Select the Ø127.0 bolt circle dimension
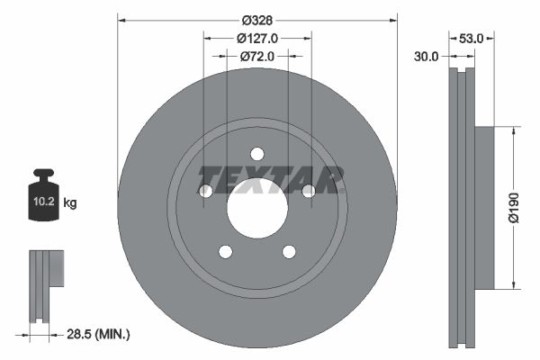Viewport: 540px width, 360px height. coord(257,38)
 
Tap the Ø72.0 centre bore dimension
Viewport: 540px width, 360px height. coord(257,56)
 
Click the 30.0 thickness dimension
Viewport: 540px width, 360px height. coord(427,56)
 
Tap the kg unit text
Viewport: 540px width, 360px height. coord(71,204)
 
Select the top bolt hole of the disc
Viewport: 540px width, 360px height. coord(256,152)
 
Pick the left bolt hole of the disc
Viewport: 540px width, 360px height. coord(204,191)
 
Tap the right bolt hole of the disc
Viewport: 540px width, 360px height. coord(309,191)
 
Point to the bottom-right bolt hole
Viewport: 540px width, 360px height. coord(289,252)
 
